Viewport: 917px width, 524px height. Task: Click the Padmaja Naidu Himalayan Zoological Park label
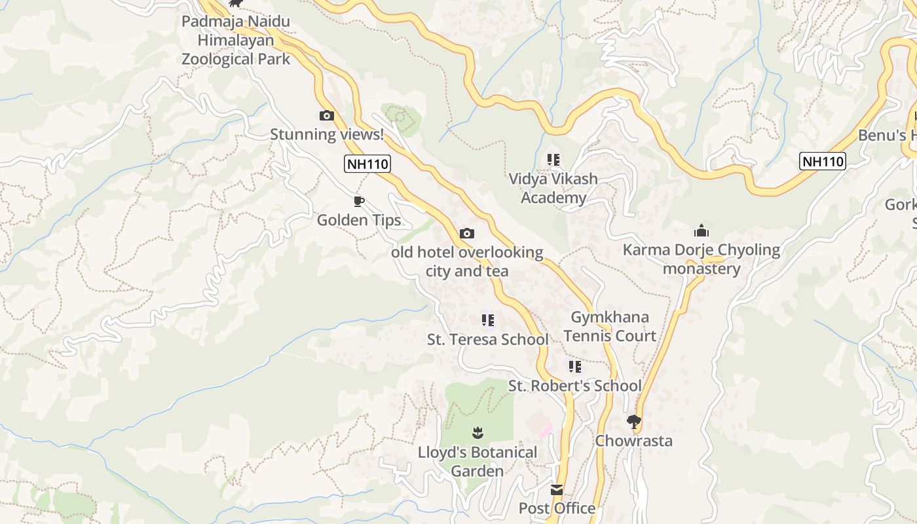coord(236,40)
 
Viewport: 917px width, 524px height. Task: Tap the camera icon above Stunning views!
coord(326,116)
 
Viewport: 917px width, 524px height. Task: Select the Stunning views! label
coord(327,135)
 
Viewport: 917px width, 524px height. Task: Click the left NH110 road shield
coord(367,164)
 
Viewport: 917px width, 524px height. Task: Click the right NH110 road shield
coord(823,161)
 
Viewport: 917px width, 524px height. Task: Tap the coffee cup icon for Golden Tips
coord(358,201)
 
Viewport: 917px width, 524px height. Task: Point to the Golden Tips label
coord(359,220)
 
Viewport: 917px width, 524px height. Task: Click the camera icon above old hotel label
coord(467,233)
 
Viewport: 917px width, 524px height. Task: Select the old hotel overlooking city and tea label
coord(467,261)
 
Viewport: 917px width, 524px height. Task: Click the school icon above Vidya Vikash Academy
coord(553,160)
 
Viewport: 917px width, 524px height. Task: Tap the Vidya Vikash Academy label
coord(553,188)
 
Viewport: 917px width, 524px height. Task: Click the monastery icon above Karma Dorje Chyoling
coord(702,231)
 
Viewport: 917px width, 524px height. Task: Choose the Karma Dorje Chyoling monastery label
coord(702,259)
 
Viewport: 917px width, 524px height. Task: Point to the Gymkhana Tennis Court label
coord(610,326)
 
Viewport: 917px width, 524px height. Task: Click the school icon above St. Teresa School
coord(488,320)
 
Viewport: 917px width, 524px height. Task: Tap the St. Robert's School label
coord(575,386)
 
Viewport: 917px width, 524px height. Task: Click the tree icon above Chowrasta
coord(633,421)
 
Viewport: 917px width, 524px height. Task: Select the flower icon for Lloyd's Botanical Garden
coord(477,432)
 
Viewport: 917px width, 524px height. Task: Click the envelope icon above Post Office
coord(557,490)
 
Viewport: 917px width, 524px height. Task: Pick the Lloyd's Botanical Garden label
coord(477,461)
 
